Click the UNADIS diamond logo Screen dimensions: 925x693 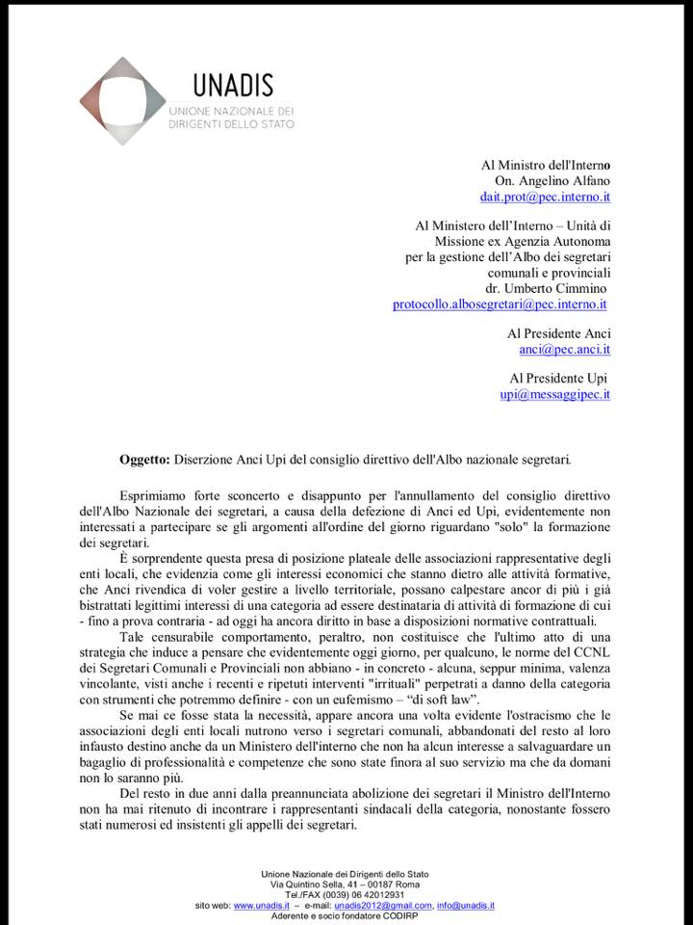pos(122,100)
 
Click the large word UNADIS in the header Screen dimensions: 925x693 pos(232,85)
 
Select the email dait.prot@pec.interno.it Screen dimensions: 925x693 pos(546,197)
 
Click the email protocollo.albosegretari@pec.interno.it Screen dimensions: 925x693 pos(500,304)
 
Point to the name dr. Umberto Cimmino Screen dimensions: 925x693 pos(547,288)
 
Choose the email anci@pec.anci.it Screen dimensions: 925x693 pos(565,349)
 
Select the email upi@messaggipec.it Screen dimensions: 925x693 pos(555,393)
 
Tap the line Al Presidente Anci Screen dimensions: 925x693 pos(559,332)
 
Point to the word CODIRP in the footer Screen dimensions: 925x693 pos(409,915)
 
